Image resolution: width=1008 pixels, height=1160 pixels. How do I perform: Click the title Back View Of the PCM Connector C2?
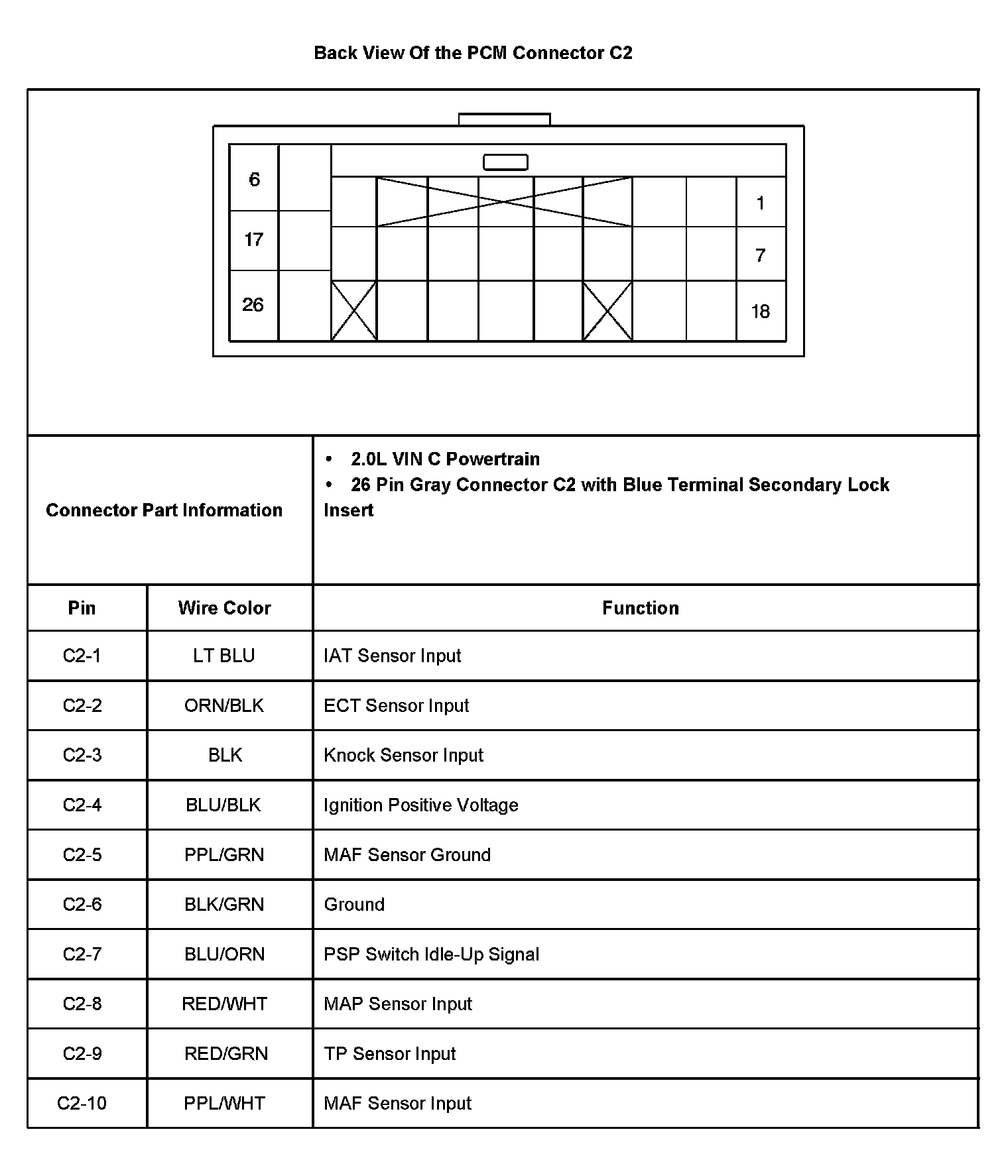tap(473, 53)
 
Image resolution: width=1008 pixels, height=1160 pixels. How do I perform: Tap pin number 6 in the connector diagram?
tap(254, 180)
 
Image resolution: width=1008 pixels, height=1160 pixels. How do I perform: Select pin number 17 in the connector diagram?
tap(254, 239)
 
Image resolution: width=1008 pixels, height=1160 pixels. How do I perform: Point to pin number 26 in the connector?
tap(253, 305)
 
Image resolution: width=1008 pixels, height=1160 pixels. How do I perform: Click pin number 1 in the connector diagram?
tap(761, 203)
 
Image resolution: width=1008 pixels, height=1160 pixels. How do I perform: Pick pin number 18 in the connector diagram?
tap(760, 312)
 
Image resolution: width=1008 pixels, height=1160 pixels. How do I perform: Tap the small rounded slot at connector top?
tap(505, 162)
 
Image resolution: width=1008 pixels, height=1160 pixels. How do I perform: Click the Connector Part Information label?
tap(164, 510)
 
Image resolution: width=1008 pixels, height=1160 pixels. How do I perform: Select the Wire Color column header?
tap(224, 608)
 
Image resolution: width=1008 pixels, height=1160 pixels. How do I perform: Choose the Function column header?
tap(640, 608)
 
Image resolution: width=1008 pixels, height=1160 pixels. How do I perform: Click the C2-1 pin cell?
tap(82, 656)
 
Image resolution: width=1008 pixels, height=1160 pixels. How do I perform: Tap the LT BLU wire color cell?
tap(224, 656)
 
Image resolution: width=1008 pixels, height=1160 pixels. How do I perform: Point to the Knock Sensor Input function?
tap(403, 755)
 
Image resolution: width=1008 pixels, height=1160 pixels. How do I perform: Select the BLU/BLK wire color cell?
tap(223, 805)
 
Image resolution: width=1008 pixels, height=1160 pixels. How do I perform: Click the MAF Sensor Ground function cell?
tap(407, 854)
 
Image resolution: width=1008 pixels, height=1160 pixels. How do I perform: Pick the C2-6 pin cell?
tap(82, 904)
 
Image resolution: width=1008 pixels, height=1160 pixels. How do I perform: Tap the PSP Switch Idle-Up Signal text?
tap(431, 954)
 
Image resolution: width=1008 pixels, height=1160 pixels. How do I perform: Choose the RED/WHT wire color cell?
tap(224, 1004)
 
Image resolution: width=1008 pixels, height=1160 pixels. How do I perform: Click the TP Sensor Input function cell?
tap(390, 1053)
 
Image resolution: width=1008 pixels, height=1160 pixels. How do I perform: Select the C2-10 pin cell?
tap(82, 1103)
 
